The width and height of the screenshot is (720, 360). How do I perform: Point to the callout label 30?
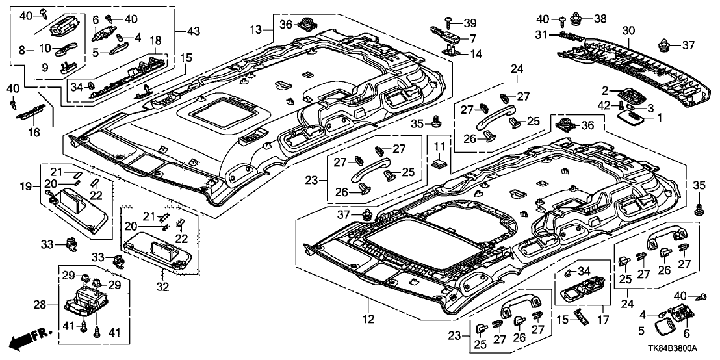[628, 31]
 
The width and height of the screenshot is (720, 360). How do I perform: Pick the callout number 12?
[368, 318]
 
